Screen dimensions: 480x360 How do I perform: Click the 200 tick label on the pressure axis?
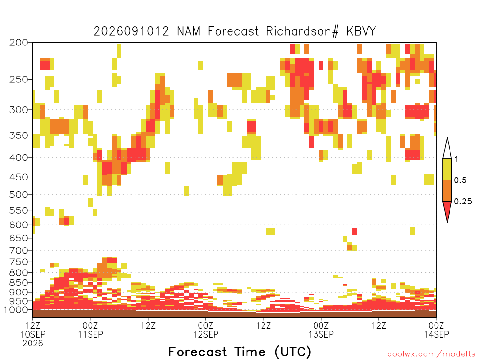(18, 43)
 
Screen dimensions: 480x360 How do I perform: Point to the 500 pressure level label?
(18, 195)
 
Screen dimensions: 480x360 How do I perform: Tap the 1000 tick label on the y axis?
(16, 310)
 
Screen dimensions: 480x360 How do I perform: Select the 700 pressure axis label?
(18, 250)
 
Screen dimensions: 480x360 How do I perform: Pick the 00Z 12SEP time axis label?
(206, 330)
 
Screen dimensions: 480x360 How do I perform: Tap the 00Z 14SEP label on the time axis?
(436, 330)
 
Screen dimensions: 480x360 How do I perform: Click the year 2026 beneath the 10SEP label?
(33, 344)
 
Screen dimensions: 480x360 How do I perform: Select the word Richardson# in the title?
(303, 31)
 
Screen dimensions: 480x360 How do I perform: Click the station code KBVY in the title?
(361, 31)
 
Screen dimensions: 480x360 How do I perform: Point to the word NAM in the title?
(188, 31)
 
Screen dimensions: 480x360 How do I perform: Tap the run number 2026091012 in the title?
(131, 31)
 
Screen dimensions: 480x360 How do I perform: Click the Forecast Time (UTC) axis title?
(240, 352)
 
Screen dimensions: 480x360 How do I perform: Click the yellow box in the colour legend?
(447, 169)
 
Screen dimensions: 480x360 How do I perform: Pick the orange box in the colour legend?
(447, 190)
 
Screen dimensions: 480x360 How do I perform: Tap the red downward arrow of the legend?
(447, 210)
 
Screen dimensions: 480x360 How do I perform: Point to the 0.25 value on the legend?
(463, 202)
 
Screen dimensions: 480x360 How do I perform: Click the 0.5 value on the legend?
(460, 180)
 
